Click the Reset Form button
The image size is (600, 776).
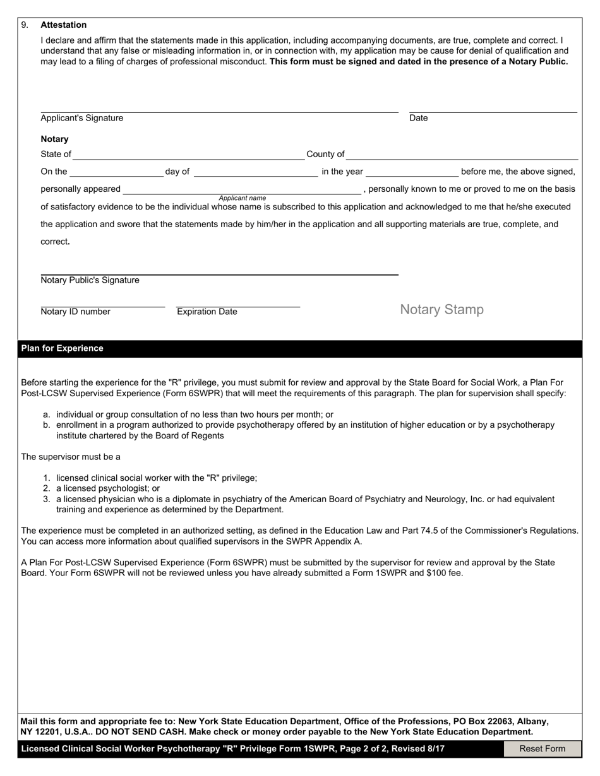[542, 749]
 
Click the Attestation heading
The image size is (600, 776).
[64, 25]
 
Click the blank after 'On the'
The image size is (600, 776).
[116, 171]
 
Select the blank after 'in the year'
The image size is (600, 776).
[412, 171]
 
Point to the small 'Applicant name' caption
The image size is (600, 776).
[243, 198]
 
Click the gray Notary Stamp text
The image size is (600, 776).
[442, 310]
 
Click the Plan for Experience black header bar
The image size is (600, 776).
[300, 349]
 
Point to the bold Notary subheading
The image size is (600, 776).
[55, 139]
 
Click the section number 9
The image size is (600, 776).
[25, 25]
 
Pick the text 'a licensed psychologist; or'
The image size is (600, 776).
[108, 488]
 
